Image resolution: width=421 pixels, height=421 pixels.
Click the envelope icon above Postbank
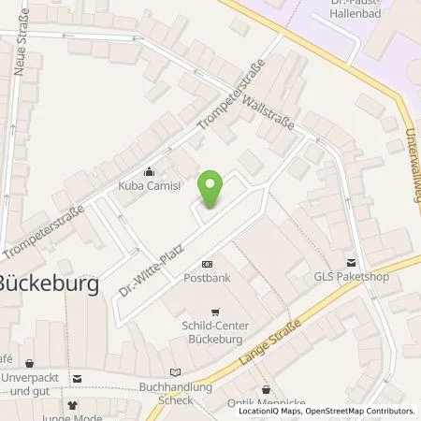point(207,265)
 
